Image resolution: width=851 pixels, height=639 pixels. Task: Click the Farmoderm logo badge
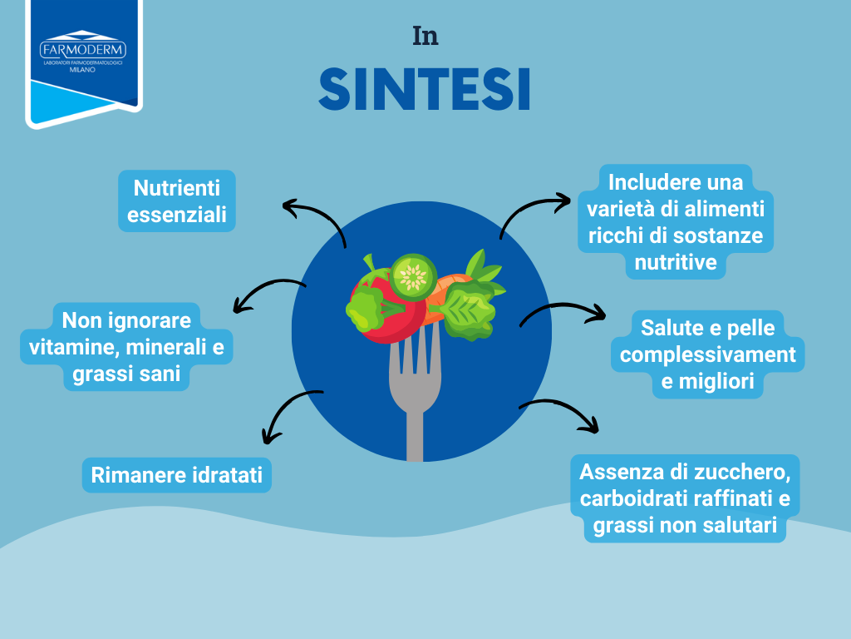[84, 62]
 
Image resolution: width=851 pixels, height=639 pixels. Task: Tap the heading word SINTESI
[425, 90]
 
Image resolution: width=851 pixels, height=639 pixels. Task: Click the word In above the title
[425, 37]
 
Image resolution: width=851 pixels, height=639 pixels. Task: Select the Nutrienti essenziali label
[177, 201]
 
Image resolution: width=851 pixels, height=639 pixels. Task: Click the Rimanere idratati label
[177, 475]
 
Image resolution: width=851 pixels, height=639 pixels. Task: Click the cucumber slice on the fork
[414, 276]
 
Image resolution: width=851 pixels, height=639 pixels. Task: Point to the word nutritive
[676, 262]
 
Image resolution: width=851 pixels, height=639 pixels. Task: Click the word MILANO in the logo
[82, 70]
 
